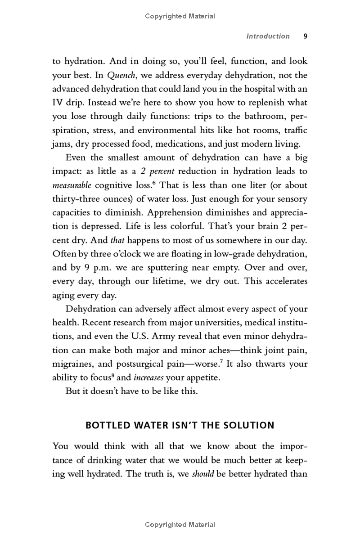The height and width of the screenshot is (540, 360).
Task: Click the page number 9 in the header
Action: point(305,36)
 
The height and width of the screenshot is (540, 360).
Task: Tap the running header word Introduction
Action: point(268,36)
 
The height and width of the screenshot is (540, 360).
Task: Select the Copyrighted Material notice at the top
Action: point(180,16)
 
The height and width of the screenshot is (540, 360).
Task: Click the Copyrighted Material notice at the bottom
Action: point(180,525)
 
